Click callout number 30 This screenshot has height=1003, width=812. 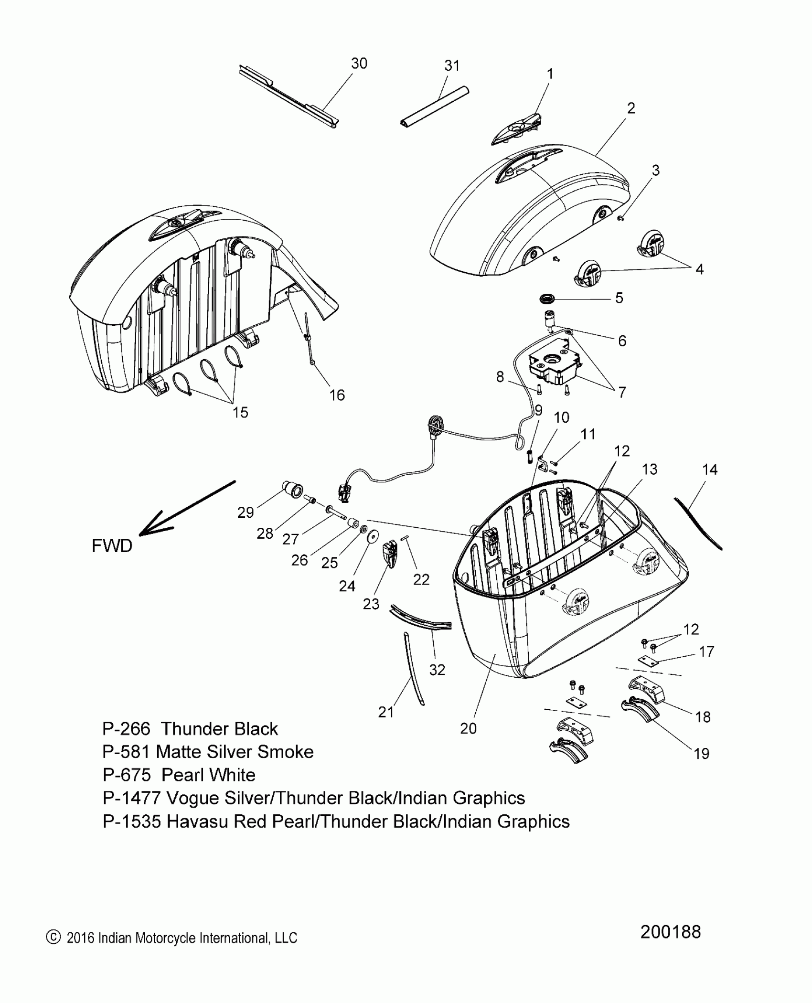click(359, 64)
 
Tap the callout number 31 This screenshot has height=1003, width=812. click(452, 66)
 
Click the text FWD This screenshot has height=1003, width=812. click(112, 545)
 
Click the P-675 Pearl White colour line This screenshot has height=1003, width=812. click(179, 775)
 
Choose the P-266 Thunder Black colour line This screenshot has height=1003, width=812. click(190, 729)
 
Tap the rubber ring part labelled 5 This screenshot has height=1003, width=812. click(547, 299)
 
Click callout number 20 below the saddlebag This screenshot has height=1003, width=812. click(468, 728)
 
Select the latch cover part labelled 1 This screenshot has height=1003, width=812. click(516, 129)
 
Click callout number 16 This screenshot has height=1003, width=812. click(337, 395)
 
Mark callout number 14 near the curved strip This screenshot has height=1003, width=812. click(710, 469)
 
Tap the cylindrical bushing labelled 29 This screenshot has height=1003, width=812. click(292, 491)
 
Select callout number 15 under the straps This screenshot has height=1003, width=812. click(240, 412)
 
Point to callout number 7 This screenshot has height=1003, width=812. click(622, 392)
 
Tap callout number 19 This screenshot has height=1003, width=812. click(701, 754)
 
